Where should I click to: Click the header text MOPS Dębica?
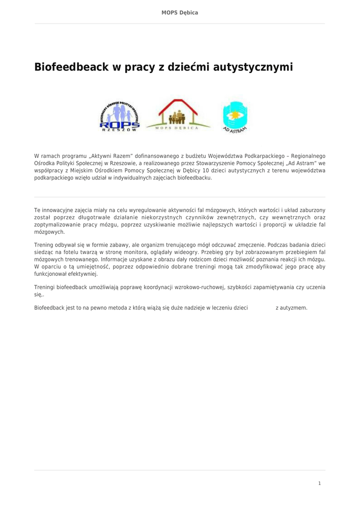(180, 12)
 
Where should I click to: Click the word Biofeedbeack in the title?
(71, 67)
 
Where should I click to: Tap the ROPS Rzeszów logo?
(120, 117)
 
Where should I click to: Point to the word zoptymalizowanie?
(57, 224)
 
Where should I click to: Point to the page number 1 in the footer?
(319, 483)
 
